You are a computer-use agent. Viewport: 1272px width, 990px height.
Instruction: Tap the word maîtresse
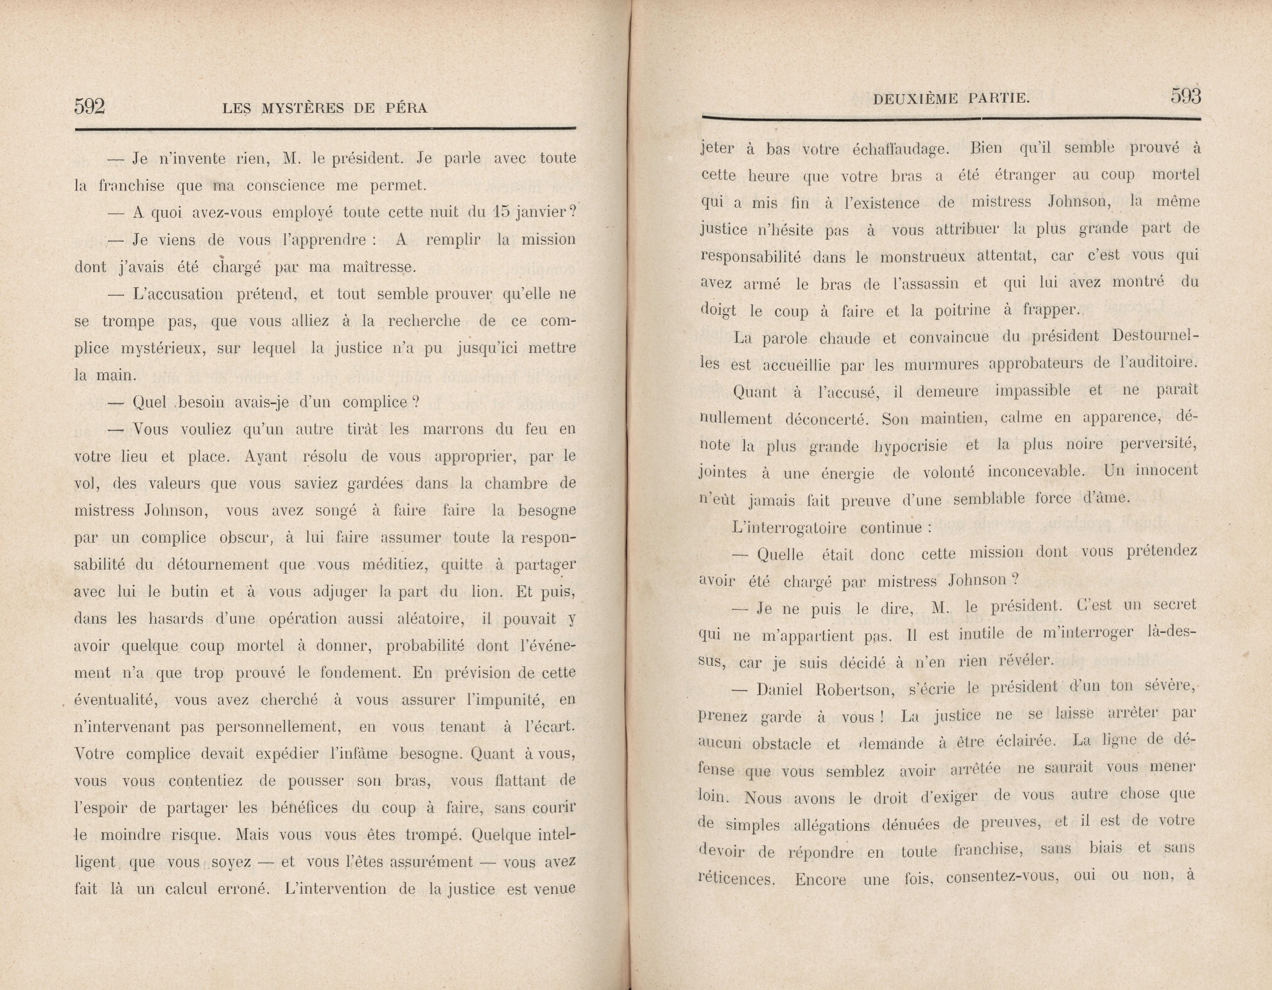(x=379, y=267)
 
